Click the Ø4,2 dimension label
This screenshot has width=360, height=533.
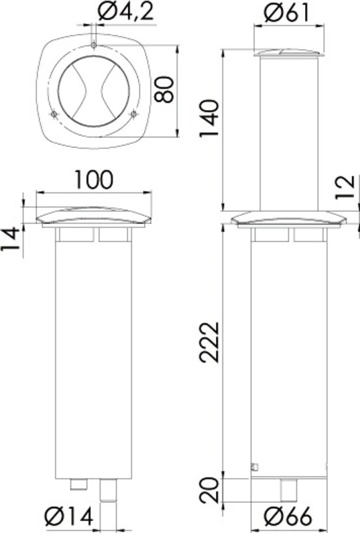126,12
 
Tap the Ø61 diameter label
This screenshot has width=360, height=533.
287,13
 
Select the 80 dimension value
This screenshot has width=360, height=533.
164,89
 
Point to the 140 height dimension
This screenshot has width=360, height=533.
209,118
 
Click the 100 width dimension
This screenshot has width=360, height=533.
93,180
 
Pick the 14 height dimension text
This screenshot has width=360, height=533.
9,239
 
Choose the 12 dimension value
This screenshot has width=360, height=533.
345,187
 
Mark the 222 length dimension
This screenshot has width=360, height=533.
209,343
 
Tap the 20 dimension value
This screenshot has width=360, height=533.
209,490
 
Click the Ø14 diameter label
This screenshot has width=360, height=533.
69,517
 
